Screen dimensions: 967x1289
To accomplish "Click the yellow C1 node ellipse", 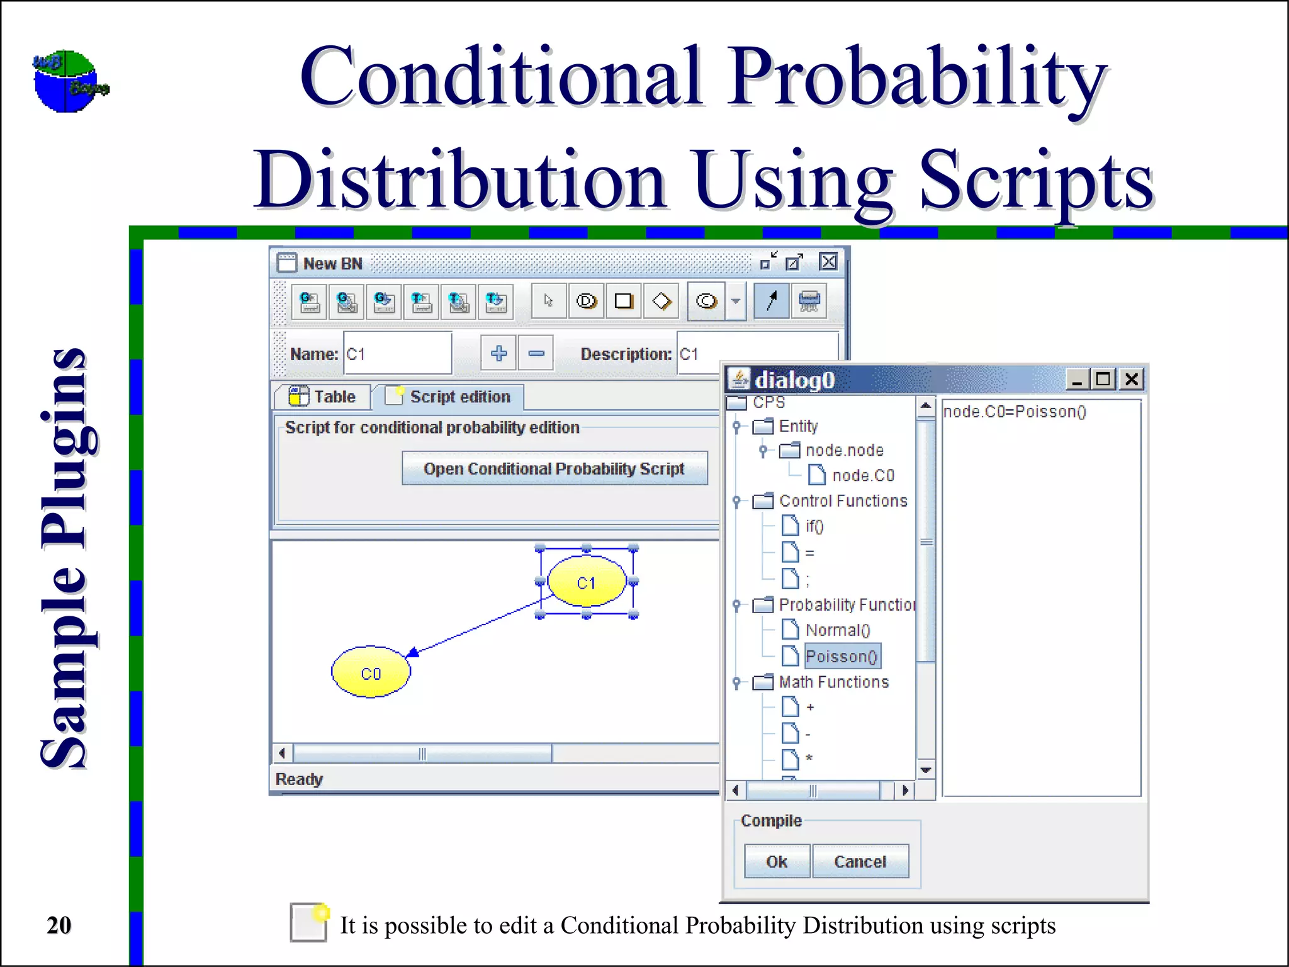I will [587, 582].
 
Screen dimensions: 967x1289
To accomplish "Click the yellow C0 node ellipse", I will [371, 673].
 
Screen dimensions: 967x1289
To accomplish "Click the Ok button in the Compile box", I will [777, 861].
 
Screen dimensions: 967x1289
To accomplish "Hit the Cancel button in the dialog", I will [860, 861].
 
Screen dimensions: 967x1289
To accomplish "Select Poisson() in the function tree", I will [842, 656].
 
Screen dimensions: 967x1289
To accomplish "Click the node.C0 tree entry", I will [862, 475].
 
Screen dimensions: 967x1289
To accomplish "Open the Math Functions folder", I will [833, 682].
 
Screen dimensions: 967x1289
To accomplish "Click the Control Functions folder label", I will [843, 500].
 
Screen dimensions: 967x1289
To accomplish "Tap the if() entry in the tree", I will [814, 526].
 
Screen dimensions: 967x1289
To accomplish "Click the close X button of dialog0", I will [1131, 380].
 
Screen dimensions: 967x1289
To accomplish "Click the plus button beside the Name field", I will [498, 353].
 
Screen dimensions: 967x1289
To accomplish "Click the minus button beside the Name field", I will [536, 353].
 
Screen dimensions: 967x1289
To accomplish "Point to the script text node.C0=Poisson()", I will [1014, 412].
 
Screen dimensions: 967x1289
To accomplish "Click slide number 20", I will [59, 925].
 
